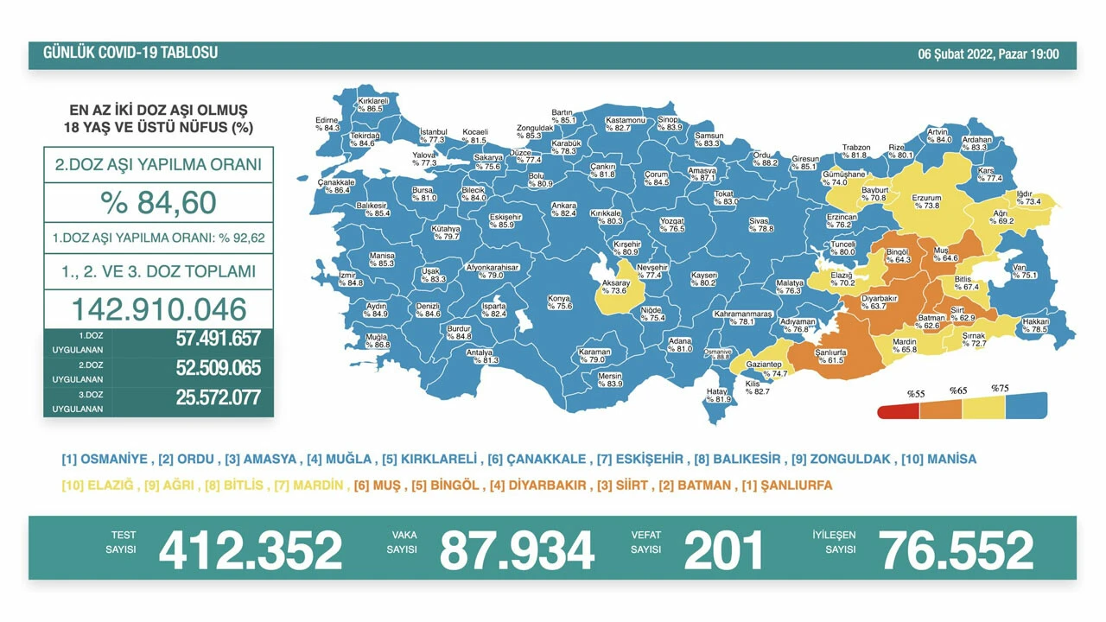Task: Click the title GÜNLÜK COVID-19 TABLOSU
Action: point(130,54)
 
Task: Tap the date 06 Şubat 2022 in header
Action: point(988,54)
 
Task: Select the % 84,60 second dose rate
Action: point(158,204)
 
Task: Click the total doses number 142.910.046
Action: point(158,308)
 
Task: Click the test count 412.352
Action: point(251,550)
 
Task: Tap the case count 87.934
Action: point(517,550)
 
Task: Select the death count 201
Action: point(724,550)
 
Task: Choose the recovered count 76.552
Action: point(956,550)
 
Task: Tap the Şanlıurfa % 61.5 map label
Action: point(829,357)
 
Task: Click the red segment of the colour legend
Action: point(899,411)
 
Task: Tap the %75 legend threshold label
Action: point(1000,389)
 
